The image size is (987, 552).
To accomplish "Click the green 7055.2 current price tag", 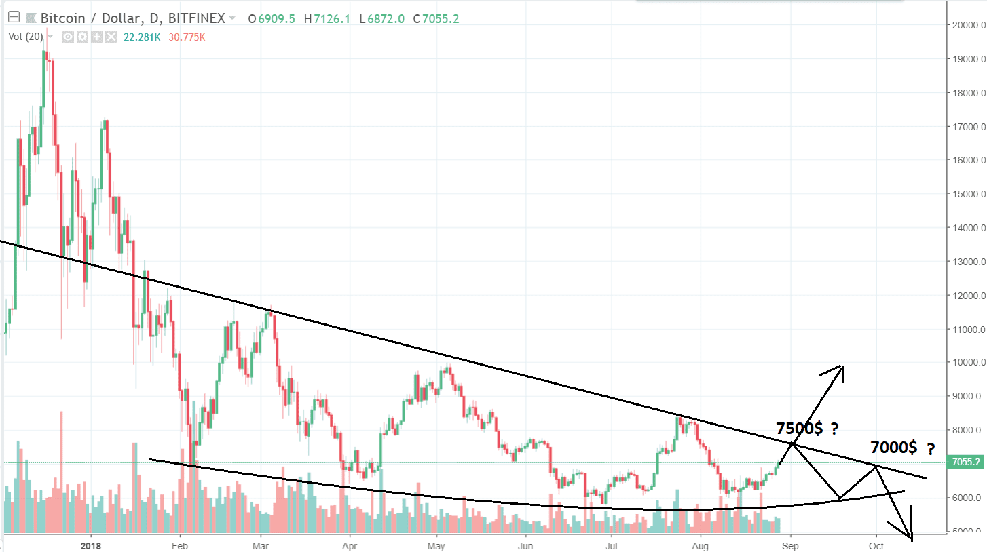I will pos(967,462).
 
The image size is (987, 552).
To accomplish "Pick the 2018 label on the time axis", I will pos(90,545).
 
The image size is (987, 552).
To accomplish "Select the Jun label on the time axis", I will pos(525,545).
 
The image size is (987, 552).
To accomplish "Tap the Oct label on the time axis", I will pos(876,545).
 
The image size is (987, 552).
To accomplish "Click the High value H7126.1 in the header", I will pos(328,19).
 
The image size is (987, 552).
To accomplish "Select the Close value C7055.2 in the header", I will pos(436,19).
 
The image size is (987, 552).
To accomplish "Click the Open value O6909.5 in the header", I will pos(272,19).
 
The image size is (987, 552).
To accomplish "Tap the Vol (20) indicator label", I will pos(25,37).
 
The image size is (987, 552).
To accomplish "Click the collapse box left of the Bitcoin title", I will pos(13,18).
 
